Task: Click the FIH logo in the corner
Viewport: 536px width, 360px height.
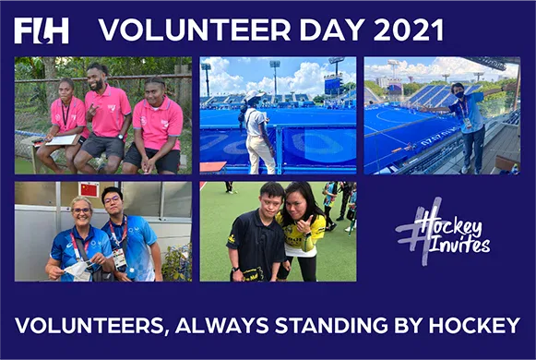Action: tap(42, 30)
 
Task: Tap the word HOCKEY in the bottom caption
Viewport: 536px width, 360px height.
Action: tap(476, 325)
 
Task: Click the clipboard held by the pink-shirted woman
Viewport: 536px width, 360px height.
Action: tap(55, 140)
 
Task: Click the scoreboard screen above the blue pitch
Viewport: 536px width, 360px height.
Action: tap(332, 84)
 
